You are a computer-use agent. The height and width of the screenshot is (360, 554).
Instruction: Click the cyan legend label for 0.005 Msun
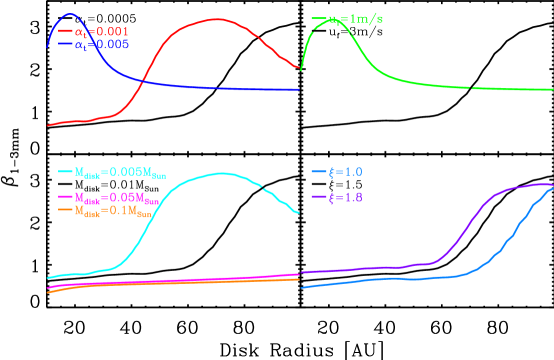pyautogui.click(x=119, y=173)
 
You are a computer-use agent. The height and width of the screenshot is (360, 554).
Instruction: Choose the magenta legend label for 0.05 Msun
pyautogui.click(x=119, y=198)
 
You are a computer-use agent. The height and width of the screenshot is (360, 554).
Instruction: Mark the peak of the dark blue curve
pyautogui.click(x=68, y=15)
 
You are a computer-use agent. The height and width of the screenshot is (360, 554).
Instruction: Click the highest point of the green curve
pyautogui.click(x=332, y=20)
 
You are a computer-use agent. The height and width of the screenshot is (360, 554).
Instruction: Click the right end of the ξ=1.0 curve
pyautogui.click(x=552, y=189)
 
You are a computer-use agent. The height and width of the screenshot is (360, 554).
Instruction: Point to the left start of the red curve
pyautogui.click(x=48, y=125)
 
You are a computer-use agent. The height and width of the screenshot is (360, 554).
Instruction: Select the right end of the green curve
pyautogui.click(x=552, y=90)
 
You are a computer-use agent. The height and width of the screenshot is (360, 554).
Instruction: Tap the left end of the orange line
pyautogui.click(x=48, y=291)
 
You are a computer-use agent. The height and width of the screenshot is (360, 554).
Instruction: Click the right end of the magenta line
pyautogui.click(x=299, y=274)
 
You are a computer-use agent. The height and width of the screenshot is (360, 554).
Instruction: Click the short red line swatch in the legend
pyautogui.click(x=66, y=32)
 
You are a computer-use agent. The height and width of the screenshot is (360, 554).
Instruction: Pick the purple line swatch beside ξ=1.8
pyautogui.click(x=319, y=198)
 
